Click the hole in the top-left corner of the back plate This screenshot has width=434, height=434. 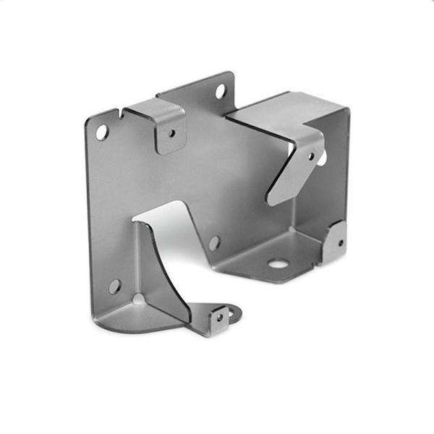(x=102, y=132)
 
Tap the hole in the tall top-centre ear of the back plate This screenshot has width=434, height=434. (x=221, y=92)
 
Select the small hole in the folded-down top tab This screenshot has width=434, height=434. (x=171, y=133)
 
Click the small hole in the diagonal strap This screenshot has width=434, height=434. (x=312, y=156)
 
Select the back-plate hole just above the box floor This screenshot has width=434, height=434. (x=213, y=242)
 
